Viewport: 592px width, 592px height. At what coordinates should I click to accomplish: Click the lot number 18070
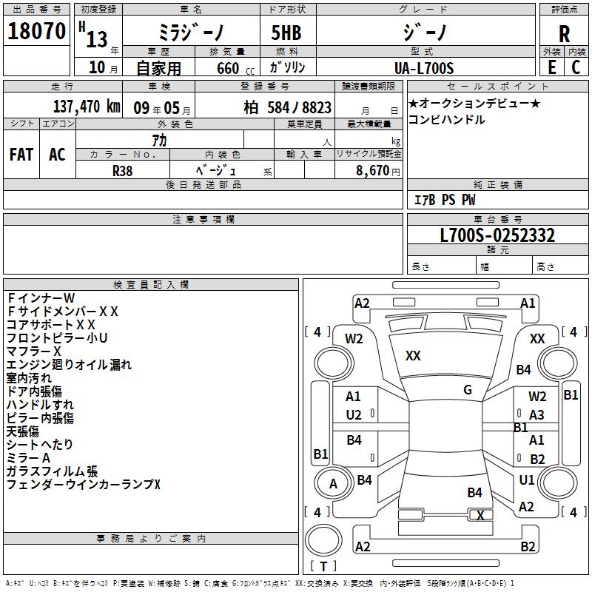(x=36, y=32)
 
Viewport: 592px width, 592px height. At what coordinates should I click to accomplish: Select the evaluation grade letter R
(x=564, y=34)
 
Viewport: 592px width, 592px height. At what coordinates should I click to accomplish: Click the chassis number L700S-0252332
(x=497, y=235)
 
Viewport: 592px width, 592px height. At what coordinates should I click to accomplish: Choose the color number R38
(x=123, y=169)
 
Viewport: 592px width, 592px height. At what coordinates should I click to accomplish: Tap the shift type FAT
(x=21, y=155)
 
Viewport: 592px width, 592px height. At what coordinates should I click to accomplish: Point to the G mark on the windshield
(x=468, y=390)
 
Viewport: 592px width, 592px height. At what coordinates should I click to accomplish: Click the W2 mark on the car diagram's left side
(x=354, y=338)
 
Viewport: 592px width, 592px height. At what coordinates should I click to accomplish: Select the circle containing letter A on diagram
(x=333, y=484)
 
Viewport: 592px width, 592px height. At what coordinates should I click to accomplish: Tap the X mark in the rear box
(x=480, y=516)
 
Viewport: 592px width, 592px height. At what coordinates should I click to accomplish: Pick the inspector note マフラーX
(x=34, y=351)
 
